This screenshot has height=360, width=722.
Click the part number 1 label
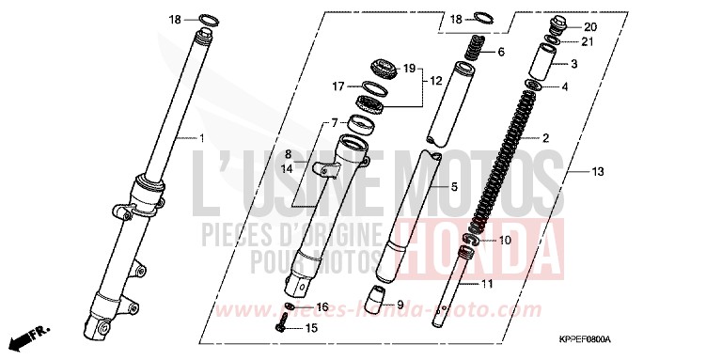(x=200, y=137)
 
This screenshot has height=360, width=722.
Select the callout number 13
(x=598, y=172)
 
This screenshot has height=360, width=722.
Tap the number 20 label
(x=589, y=26)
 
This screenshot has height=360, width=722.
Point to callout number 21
(x=588, y=42)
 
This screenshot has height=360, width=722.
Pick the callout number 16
(x=322, y=306)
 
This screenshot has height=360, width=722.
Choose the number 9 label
(x=400, y=305)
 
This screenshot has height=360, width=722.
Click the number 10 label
(x=505, y=240)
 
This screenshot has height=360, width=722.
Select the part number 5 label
(x=454, y=187)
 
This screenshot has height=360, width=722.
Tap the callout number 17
(x=338, y=86)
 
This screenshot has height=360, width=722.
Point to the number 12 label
(x=435, y=82)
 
